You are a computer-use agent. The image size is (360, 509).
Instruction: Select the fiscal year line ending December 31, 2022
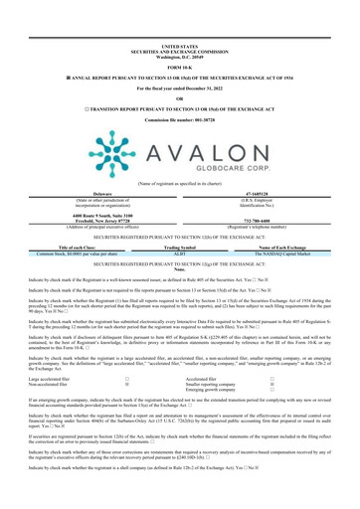(x=179, y=63)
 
